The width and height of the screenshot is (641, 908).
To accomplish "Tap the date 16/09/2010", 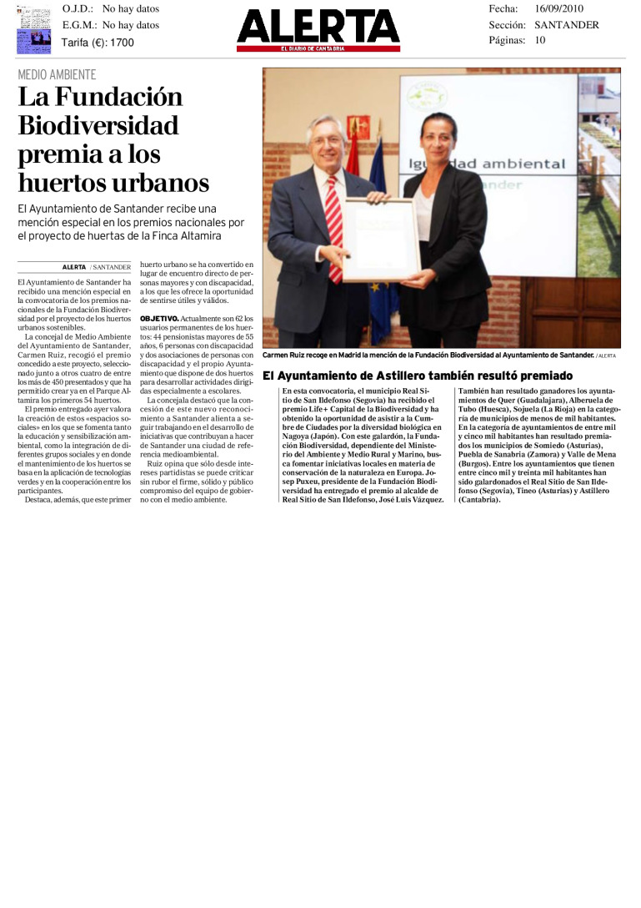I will [558, 8].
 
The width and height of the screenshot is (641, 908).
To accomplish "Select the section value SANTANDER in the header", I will [566, 25].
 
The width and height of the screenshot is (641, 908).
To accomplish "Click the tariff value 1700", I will [122, 43].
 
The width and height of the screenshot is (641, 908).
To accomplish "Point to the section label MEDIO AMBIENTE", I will [57, 75].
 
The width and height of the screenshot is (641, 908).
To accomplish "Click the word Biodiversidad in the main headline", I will [98, 125].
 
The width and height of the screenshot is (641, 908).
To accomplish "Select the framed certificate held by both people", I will [381, 240].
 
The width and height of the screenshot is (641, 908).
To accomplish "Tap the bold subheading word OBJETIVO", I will [158, 319].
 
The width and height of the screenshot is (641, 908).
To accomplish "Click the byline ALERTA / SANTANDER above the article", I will [97, 267].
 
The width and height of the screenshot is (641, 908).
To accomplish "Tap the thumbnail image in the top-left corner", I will [33, 29].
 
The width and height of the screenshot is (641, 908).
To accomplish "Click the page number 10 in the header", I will [540, 40].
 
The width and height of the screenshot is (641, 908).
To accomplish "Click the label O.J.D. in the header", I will [78, 8].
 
